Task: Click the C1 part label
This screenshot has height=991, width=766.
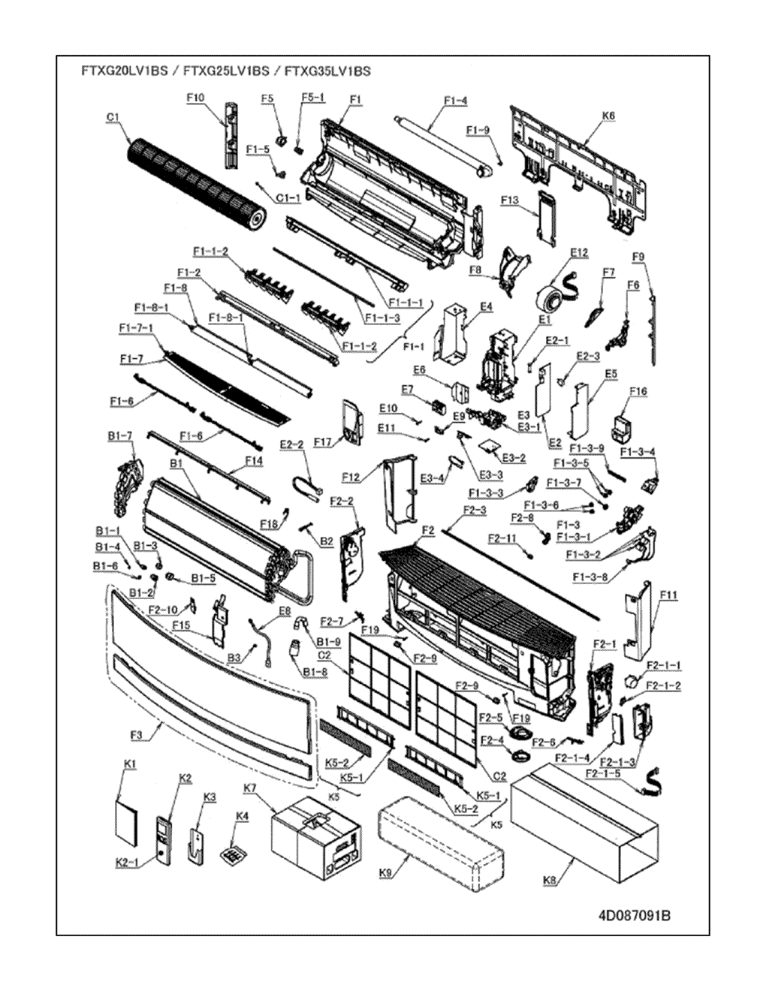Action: tap(113, 117)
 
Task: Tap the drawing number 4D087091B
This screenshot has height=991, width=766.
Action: tap(635, 915)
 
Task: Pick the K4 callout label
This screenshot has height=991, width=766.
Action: tap(242, 815)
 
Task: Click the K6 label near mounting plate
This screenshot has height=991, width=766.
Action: tap(608, 116)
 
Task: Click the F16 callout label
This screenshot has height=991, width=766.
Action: tap(638, 391)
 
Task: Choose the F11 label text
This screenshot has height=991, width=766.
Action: tap(668, 595)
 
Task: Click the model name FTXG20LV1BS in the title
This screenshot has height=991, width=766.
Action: tap(125, 71)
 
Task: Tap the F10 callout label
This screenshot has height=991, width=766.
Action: tap(195, 98)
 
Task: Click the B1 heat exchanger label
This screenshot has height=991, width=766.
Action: tap(177, 464)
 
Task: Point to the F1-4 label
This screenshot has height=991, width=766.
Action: tap(455, 101)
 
